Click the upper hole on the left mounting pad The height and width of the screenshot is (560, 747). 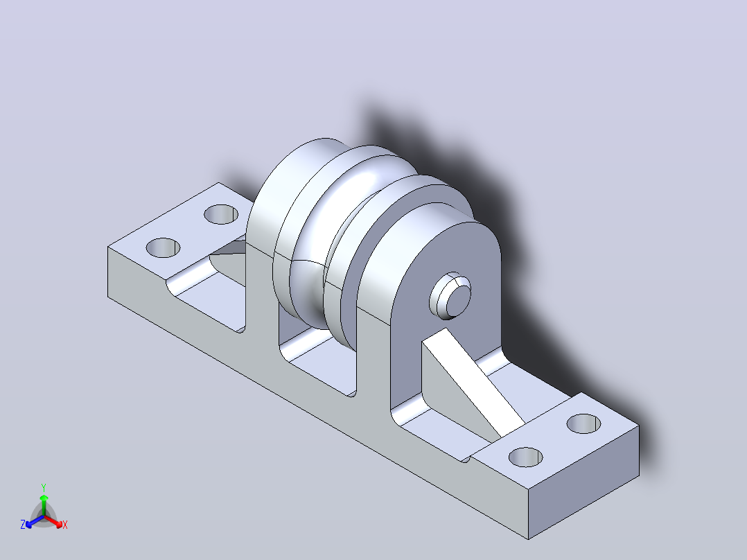(221, 214)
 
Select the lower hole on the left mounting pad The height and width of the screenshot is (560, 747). (163, 248)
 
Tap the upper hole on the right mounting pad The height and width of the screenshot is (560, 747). (583, 423)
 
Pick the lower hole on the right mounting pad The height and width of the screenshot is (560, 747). (526, 457)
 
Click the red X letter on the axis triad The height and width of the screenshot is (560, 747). (65, 525)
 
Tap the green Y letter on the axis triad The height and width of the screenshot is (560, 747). (44, 487)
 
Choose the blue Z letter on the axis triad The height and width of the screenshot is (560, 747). (22, 525)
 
